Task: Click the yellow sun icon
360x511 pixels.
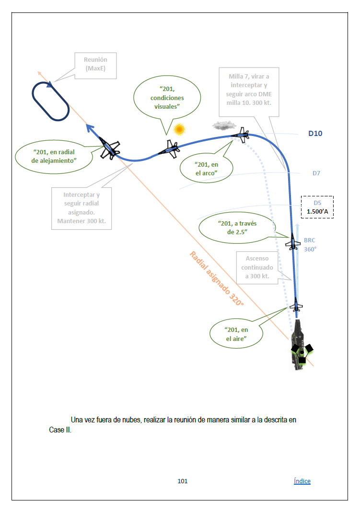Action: click(179, 129)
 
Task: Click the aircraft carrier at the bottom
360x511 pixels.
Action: click(301, 344)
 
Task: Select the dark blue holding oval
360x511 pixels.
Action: click(51, 101)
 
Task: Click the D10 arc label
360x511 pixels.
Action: click(315, 134)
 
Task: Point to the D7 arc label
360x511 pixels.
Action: click(316, 173)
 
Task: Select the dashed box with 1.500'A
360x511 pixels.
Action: click(317, 207)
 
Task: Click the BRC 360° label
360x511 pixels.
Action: click(310, 245)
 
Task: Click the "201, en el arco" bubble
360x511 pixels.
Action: click(207, 168)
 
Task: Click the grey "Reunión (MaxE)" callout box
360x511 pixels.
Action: click(95, 64)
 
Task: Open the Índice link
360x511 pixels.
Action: click(302, 481)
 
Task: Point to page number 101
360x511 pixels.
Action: click(182, 481)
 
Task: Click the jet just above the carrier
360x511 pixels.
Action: click(297, 305)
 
